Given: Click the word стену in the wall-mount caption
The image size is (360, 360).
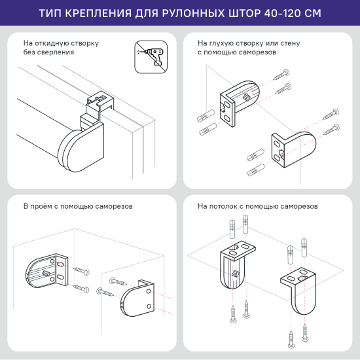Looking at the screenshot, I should pyautogui.click(x=290, y=43).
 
